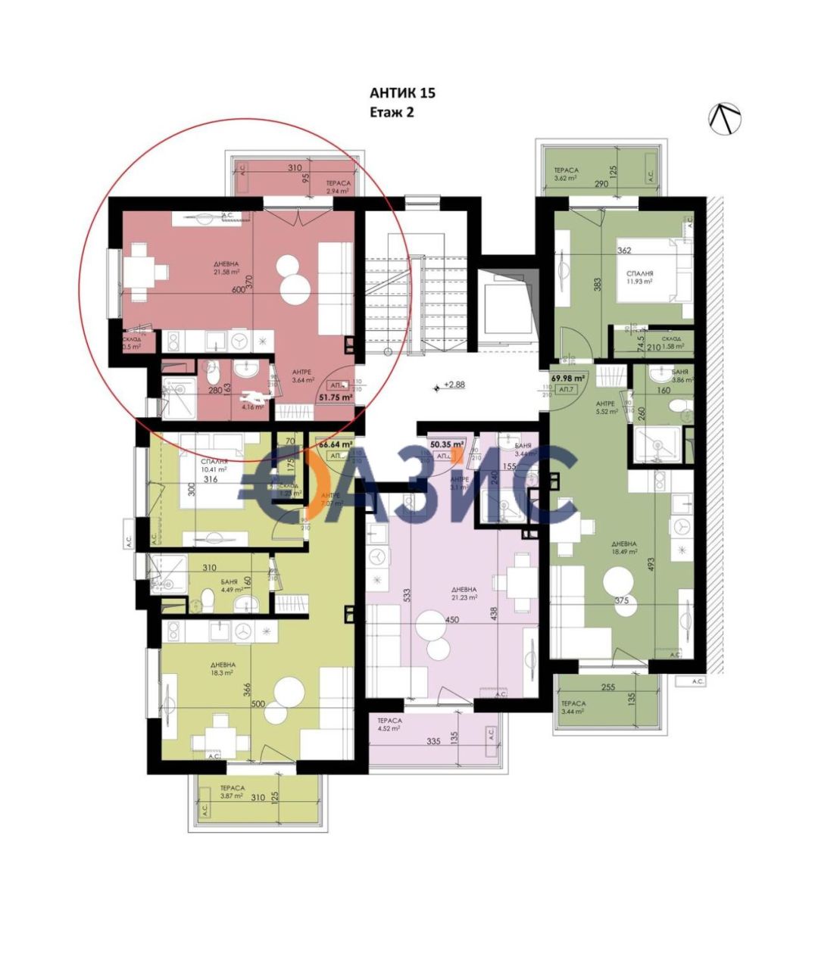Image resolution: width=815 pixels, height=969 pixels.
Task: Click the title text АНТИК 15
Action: pyautogui.click(x=402, y=94)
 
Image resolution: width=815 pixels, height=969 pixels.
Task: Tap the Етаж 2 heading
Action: pyautogui.click(x=392, y=112)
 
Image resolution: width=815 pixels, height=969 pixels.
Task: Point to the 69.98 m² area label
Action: pyautogui.click(x=568, y=378)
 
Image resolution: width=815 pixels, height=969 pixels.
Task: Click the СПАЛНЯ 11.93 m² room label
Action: pyautogui.click(x=640, y=277)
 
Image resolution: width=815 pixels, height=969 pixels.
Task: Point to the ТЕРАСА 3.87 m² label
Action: pyautogui.click(x=227, y=791)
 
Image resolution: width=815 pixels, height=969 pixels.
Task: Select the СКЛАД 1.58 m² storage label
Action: pyautogui.click(x=671, y=343)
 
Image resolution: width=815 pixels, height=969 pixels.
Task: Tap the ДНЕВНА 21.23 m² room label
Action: pyautogui.click(x=463, y=593)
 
